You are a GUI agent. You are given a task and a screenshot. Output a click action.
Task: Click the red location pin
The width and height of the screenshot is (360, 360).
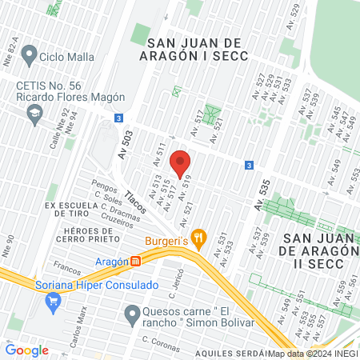point(181,162)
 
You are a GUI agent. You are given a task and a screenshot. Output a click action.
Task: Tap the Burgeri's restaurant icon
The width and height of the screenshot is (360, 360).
point(199,237)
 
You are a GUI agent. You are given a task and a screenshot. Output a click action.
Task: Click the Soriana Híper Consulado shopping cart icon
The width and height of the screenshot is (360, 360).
point(54,301)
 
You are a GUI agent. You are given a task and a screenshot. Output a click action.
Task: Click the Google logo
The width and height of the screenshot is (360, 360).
point(27,350)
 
